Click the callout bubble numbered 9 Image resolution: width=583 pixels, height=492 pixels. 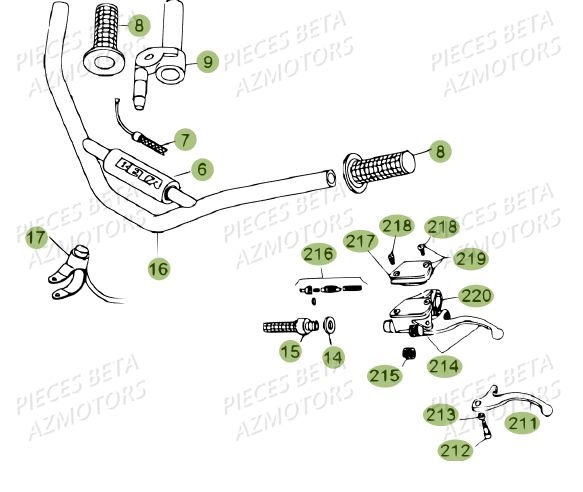(x=207, y=62)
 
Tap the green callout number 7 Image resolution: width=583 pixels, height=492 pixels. (x=183, y=138)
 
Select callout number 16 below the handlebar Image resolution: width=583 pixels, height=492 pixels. (x=158, y=267)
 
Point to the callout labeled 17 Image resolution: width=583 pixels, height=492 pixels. (x=36, y=238)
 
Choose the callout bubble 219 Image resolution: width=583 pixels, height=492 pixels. (x=470, y=259)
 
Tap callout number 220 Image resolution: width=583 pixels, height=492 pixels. (x=475, y=296)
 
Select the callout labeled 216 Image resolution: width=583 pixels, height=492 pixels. (x=319, y=255)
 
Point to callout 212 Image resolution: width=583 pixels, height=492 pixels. (x=454, y=451)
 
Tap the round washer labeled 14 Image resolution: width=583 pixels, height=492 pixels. (x=328, y=326)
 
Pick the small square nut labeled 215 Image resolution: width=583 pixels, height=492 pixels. (x=408, y=352)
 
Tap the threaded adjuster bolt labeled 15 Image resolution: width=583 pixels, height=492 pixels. (x=286, y=327)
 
